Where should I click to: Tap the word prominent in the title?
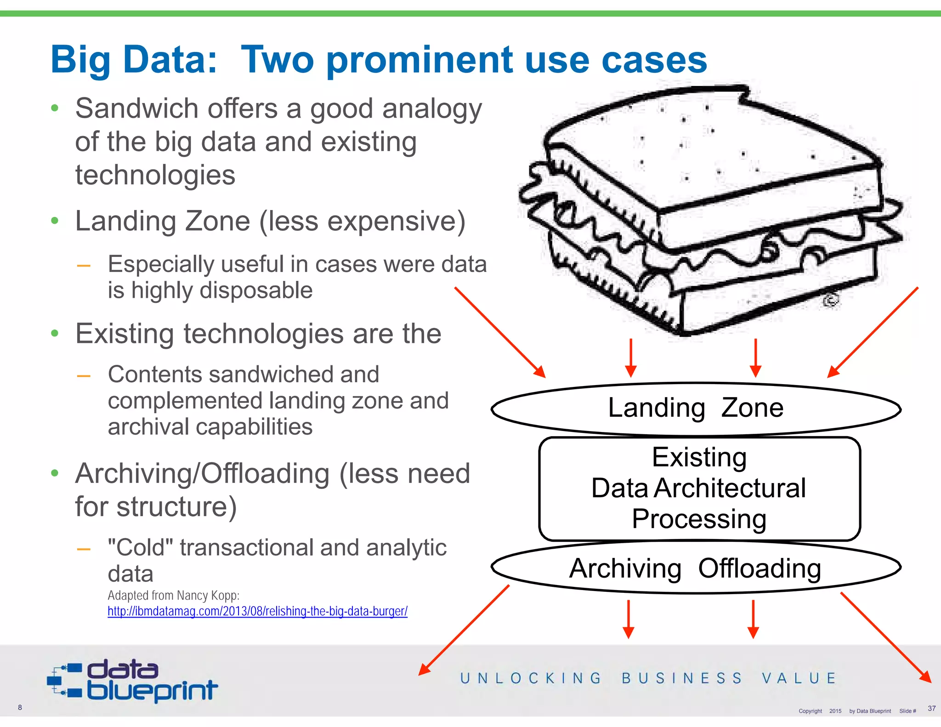[x=419, y=60]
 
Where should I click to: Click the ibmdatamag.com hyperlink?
[x=257, y=612]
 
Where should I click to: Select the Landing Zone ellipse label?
[x=695, y=408]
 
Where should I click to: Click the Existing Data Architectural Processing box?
[x=699, y=488]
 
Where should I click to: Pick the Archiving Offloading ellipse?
[x=695, y=568]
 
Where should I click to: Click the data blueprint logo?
[x=133, y=681]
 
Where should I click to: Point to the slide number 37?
[x=931, y=708]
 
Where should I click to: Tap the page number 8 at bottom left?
[x=20, y=707]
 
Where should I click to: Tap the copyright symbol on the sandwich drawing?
[x=831, y=300]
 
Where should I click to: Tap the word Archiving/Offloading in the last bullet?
[x=202, y=474]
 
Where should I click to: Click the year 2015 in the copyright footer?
[x=835, y=711]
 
